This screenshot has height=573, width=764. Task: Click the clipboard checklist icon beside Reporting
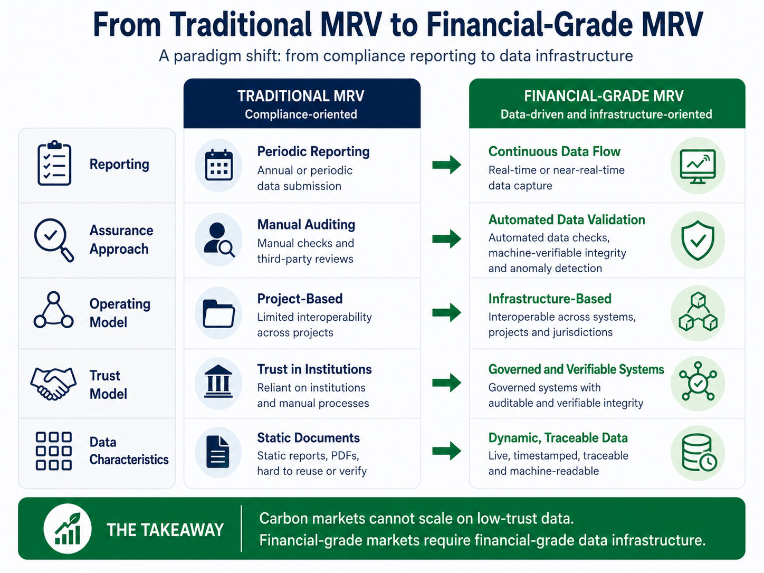coord(54,163)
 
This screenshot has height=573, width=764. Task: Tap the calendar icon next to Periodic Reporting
coord(218,165)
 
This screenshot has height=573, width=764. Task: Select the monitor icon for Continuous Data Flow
coord(698,166)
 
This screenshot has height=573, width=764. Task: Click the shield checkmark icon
coord(698,240)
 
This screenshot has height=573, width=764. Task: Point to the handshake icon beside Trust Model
coord(53,383)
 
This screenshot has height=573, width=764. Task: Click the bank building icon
coord(218,381)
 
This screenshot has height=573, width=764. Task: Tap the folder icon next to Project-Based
coord(218,313)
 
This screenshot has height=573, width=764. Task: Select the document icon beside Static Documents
coord(218,452)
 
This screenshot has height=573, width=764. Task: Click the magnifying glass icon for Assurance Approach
coord(54,240)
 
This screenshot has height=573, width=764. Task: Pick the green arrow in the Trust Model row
coord(447,383)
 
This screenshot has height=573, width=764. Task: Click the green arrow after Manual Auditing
coord(447,238)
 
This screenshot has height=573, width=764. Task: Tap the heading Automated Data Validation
coord(567,220)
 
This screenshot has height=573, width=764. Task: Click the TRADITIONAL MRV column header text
coord(301,96)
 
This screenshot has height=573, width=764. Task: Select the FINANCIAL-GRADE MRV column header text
coord(604,96)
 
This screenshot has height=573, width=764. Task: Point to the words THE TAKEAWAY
coord(165,530)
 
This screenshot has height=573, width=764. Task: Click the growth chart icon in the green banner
coord(68,528)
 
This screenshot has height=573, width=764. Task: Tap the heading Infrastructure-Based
coord(550,299)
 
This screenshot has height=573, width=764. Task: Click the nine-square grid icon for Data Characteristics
coord(54,451)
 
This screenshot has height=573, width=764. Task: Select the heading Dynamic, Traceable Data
coord(558,438)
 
